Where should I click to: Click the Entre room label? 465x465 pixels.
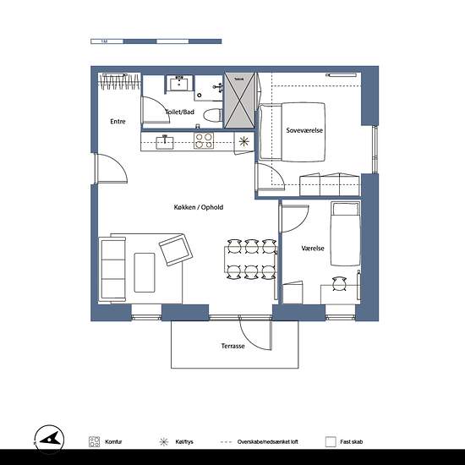tap(118, 122)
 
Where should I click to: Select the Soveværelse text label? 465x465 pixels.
tap(305, 131)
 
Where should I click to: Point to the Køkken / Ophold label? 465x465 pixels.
tap(198, 207)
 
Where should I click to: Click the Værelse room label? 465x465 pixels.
tap(313, 249)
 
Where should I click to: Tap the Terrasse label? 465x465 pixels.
tap(233, 347)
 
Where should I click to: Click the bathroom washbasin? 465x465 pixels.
tap(180, 83)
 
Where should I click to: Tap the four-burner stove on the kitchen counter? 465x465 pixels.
tap(204, 140)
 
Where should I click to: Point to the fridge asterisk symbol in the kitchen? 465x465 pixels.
tap(243, 141)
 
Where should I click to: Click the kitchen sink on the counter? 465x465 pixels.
tap(166, 141)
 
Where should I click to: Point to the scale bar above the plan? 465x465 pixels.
tap(156, 41)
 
